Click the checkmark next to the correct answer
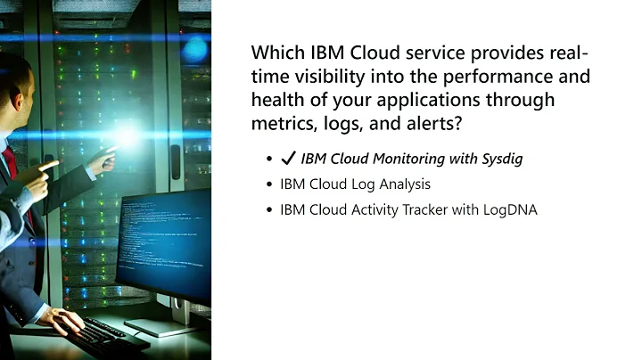tap(288, 160)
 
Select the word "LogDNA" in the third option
tap(510, 211)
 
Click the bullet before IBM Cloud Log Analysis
tap(268, 185)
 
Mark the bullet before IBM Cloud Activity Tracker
tap(268, 211)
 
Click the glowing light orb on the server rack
tap(128, 135)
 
